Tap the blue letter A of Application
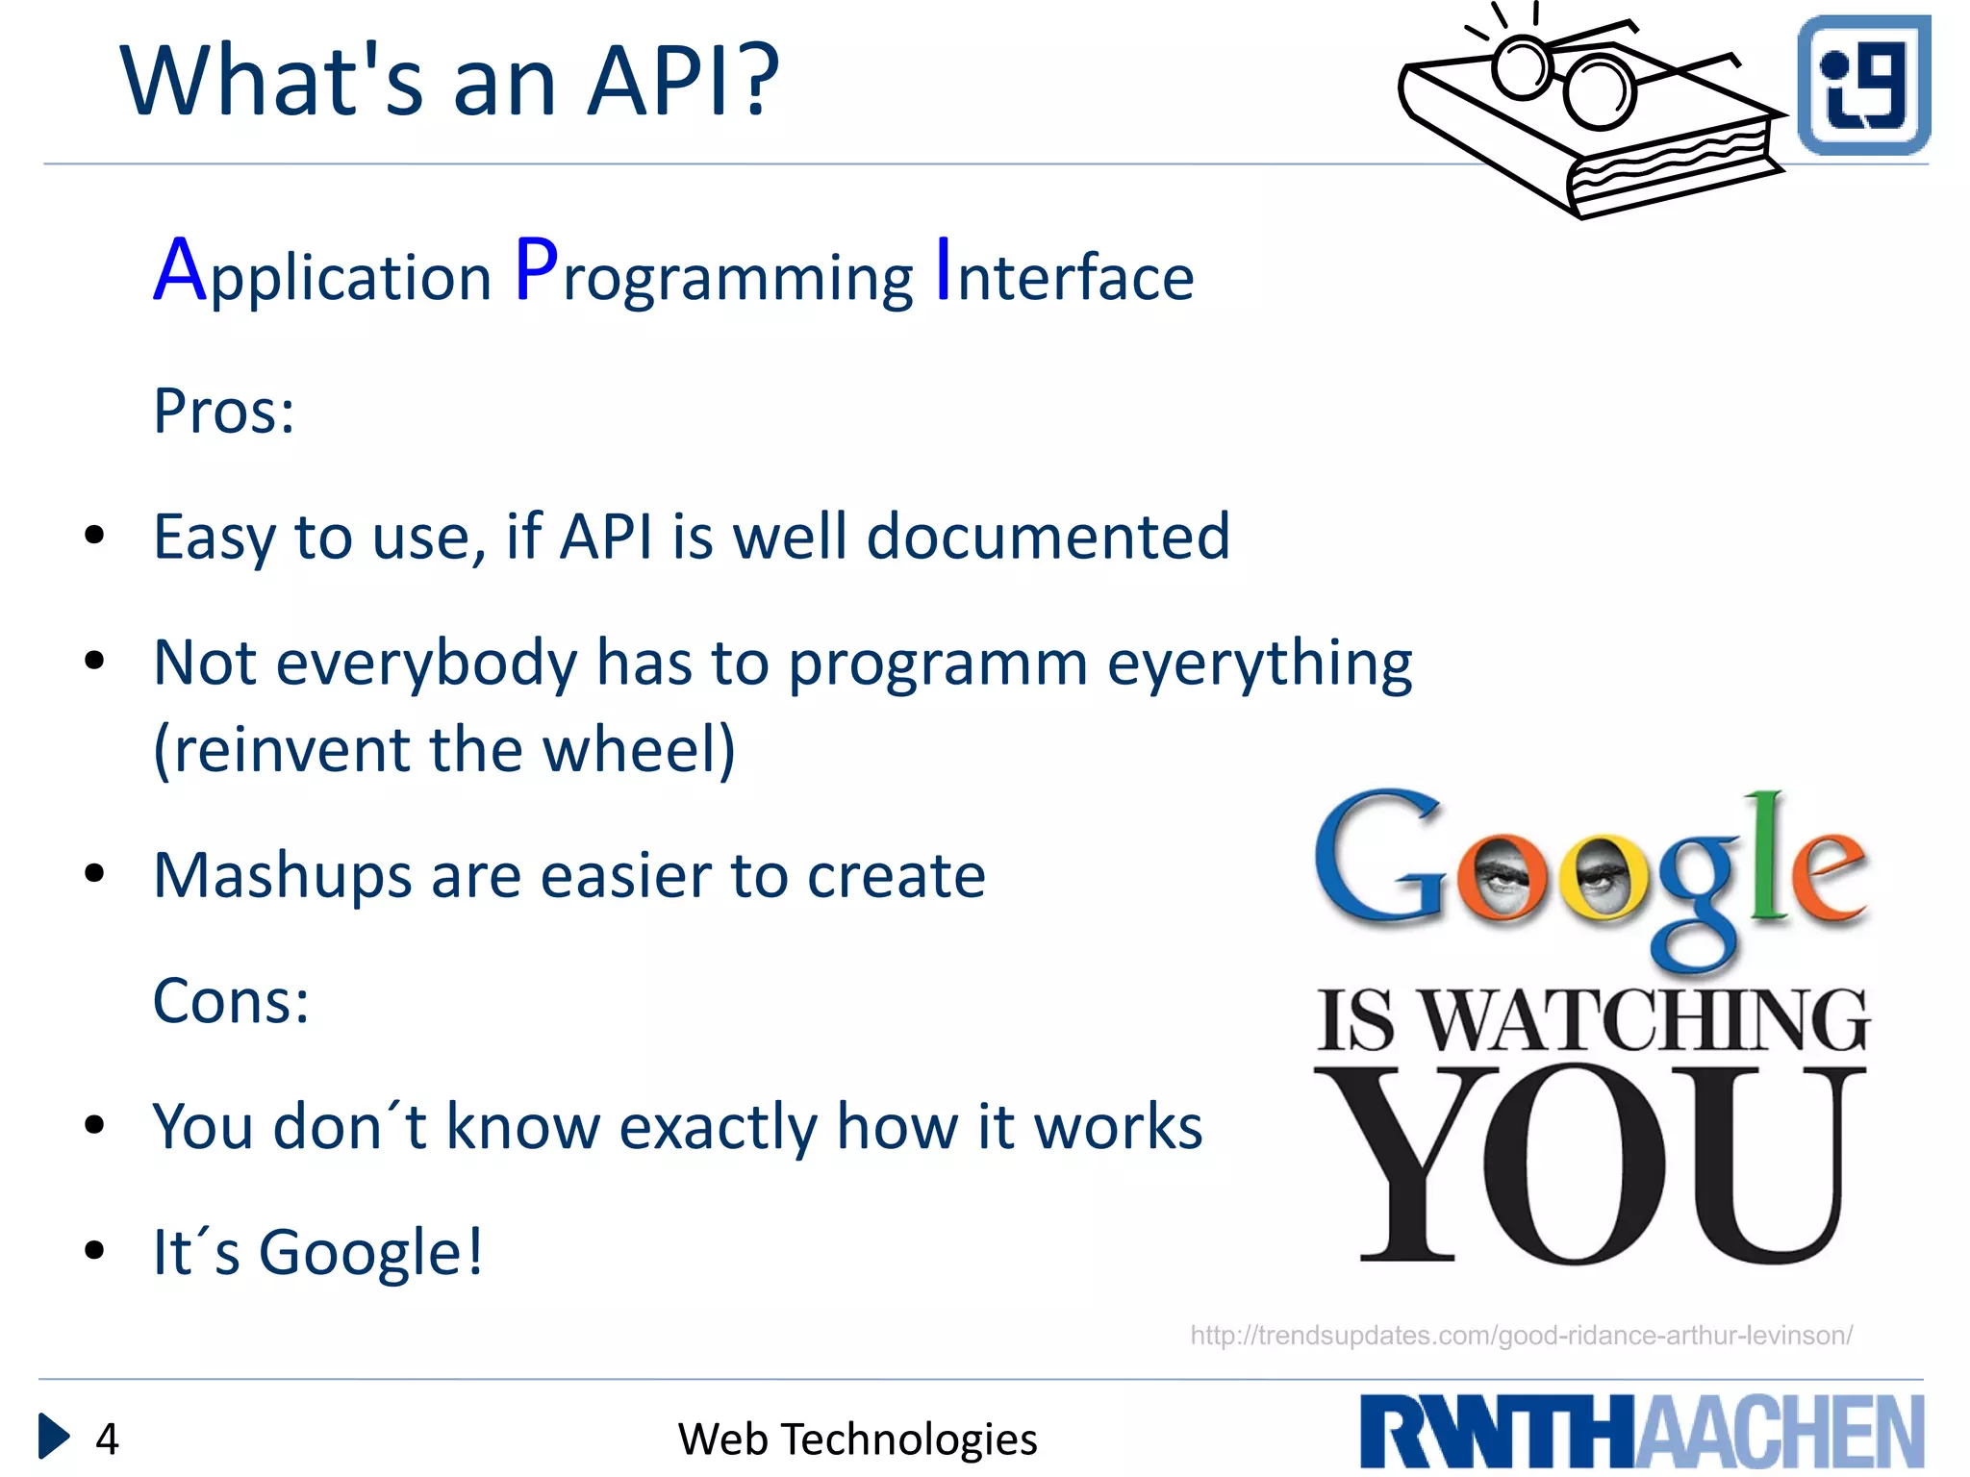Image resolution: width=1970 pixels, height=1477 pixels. [x=180, y=271]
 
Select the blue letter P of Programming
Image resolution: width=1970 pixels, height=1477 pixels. [x=536, y=271]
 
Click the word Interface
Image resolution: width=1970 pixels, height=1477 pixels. [x=1065, y=275]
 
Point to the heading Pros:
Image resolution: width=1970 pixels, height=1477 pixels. [x=223, y=412]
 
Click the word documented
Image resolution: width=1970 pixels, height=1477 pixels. [x=1048, y=536]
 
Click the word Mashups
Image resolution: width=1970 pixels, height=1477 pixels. [x=282, y=876]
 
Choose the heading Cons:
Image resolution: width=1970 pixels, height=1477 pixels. [x=231, y=1001]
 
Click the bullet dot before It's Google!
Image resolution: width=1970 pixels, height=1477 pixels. [x=94, y=1251]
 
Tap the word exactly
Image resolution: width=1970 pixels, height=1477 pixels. [x=718, y=1127]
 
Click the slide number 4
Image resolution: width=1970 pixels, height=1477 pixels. [x=107, y=1439]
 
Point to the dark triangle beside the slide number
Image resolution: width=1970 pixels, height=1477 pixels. [x=53, y=1437]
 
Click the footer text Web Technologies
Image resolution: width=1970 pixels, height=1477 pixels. [x=857, y=1439]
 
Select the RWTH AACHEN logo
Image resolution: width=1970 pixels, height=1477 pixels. [x=1641, y=1432]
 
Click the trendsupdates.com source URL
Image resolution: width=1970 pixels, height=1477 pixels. [x=1521, y=1336]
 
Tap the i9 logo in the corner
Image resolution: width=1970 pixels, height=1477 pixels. [x=1863, y=85]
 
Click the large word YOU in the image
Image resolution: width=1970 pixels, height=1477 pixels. [x=1587, y=1167]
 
